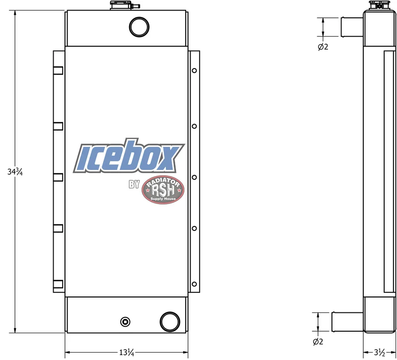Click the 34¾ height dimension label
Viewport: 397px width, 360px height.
point(15,172)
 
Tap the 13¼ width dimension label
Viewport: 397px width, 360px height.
point(127,353)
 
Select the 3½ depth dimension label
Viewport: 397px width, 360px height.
point(380,352)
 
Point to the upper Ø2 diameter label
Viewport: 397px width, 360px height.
point(323,47)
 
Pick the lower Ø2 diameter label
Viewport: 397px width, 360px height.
point(318,342)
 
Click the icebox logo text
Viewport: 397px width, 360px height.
point(129,156)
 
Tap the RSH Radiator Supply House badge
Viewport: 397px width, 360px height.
point(163,190)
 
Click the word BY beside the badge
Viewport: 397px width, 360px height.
point(134,184)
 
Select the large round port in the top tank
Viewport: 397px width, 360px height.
point(139,27)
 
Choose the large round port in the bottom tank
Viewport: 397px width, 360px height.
point(170,321)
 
